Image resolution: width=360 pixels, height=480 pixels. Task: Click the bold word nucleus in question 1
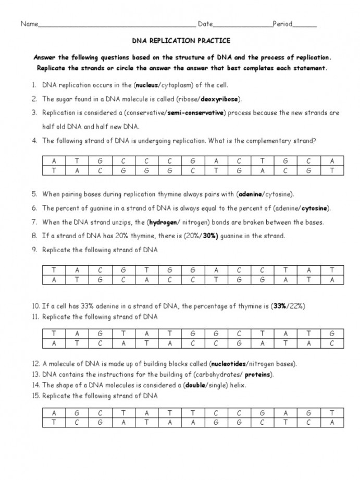pos(147,85)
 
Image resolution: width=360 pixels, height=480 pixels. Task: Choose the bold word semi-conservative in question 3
pos(196,112)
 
